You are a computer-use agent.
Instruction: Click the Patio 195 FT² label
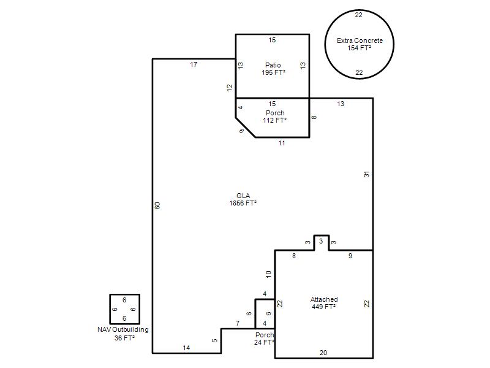pyautogui.click(x=273, y=69)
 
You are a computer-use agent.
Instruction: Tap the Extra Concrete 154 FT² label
pyautogui.click(x=360, y=44)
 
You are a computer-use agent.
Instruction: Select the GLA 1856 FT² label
pyautogui.click(x=243, y=199)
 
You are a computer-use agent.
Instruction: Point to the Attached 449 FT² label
pyautogui.click(x=324, y=303)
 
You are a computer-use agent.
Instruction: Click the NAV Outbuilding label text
pyautogui.click(x=123, y=329)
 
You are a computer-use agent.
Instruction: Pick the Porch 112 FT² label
pyautogui.click(x=275, y=117)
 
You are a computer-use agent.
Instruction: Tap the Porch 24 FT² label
pyautogui.click(x=265, y=339)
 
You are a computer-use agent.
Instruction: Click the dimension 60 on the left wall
pyautogui.click(x=157, y=205)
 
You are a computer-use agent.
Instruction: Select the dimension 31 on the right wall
pyautogui.click(x=366, y=174)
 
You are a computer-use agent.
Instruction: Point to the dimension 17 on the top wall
pyautogui.click(x=194, y=64)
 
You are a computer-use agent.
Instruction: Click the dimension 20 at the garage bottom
pyautogui.click(x=323, y=353)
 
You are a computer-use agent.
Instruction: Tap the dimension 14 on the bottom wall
pyautogui.click(x=186, y=348)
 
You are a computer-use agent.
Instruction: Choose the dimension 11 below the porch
pyautogui.click(x=282, y=143)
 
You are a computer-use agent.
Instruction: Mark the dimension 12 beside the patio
pyautogui.click(x=230, y=88)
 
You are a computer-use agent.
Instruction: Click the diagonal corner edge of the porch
pyautogui.click(x=246, y=128)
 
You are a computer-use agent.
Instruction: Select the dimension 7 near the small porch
pyautogui.click(x=238, y=323)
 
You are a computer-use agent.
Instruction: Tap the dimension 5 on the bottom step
pyautogui.click(x=215, y=340)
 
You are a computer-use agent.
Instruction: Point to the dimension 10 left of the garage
pyautogui.click(x=269, y=274)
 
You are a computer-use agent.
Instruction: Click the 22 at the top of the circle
pyautogui.click(x=359, y=15)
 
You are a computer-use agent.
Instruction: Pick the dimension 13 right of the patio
pyautogui.click(x=303, y=66)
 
